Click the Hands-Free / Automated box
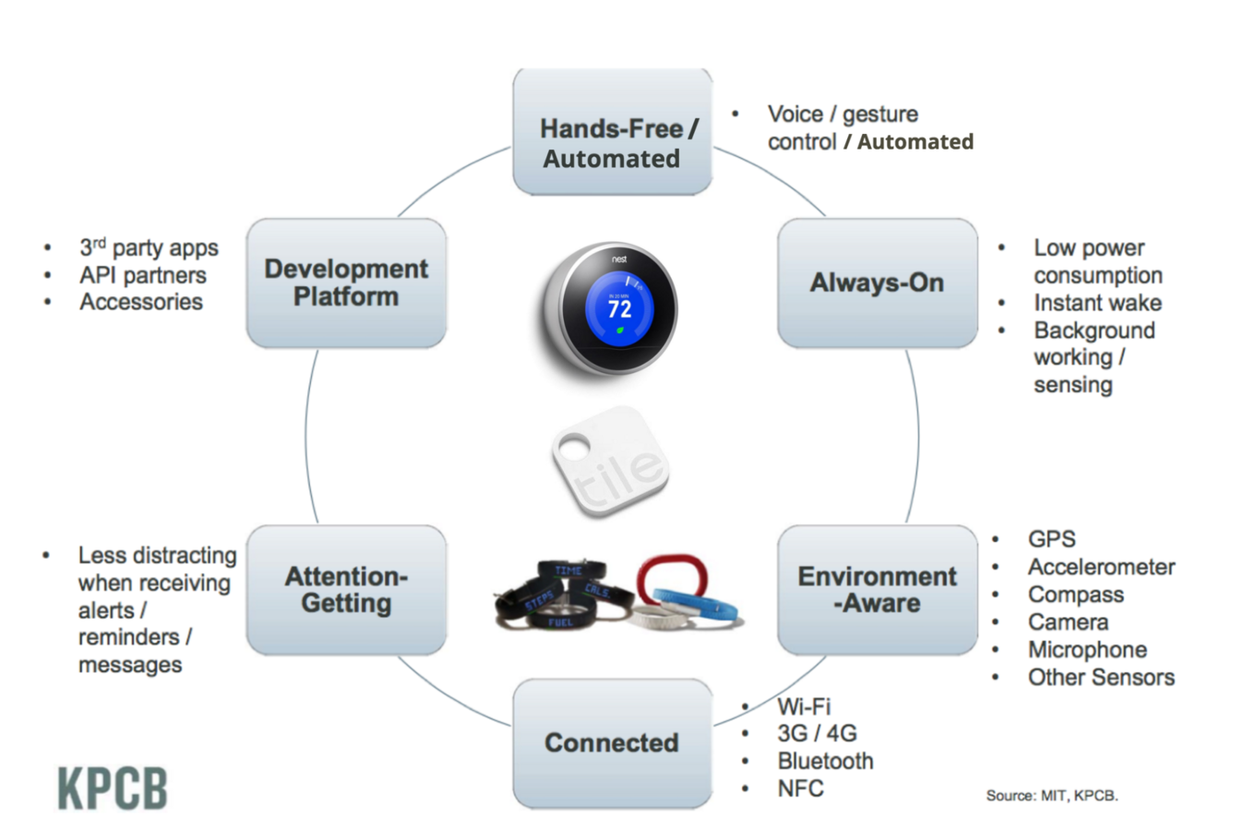click(612, 132)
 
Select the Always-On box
click(877, 283)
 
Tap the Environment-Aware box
click(877, 590)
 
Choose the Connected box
click(612, 743)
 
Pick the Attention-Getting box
click(346, 590)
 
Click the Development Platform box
click(346, 283)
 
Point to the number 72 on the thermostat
click(620, 309)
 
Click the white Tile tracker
click(612, 462)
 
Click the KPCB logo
click(113, 789)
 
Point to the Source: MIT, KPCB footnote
click(1051, 795)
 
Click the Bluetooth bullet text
click(825, 761)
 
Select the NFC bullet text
click(800, 789)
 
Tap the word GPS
click(1051, 539)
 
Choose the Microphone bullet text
click(1087, 650)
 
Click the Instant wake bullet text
click(1097, 303)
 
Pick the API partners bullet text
click(142, 275)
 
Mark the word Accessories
click(140, 302)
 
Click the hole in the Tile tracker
click(575, 450)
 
